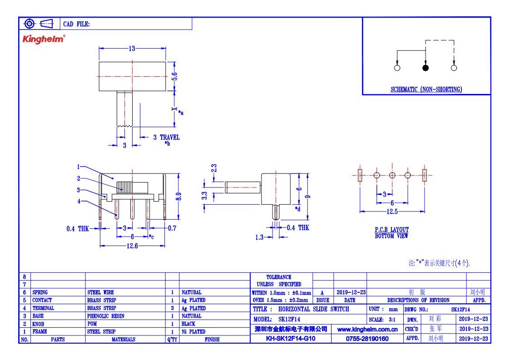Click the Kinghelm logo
44,39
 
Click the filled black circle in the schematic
426,68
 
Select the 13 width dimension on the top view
132,49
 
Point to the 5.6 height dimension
175,76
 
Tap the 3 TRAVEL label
166,137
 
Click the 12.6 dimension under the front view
132,246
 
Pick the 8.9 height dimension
178,197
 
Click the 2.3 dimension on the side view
214,168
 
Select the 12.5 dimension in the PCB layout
392,212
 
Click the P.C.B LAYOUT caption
391,230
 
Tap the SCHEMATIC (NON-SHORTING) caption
426,89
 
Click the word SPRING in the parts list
40,292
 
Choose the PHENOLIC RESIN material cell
106,316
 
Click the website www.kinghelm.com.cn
367,330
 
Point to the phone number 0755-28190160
367,339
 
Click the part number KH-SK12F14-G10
291,339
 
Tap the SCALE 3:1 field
382,320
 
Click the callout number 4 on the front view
79,201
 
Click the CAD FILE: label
76,24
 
